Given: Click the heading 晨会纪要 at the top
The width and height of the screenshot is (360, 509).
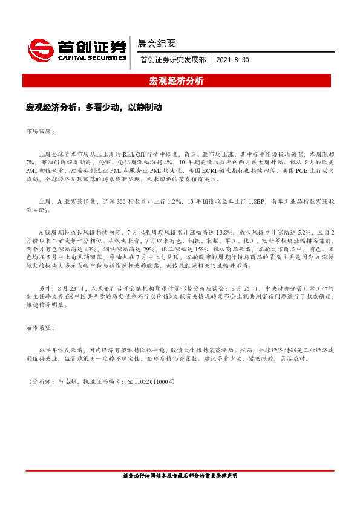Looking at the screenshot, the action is click(x=157, y=43).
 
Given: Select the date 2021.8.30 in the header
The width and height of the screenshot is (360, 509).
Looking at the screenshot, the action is click(x=232, y=60).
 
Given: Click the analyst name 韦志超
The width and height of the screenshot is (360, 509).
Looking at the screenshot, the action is click(x=63, y=382).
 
